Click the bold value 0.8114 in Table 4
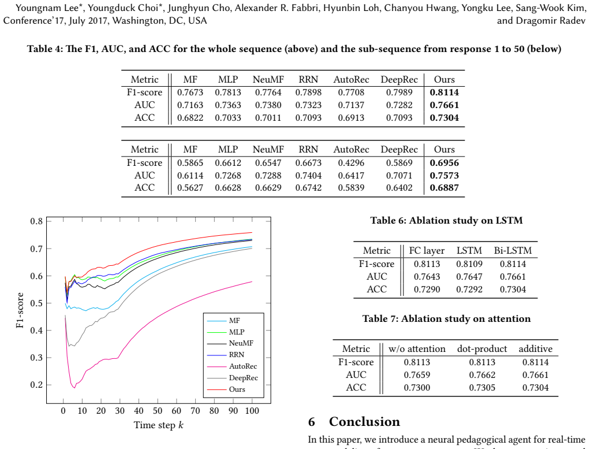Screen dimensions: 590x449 point(445,92)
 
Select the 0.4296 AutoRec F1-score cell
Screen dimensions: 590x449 point(351,163)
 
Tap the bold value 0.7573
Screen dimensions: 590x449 point(445,175)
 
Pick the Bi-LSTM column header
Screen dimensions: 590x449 point(513,250)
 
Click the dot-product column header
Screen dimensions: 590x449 point(482,349)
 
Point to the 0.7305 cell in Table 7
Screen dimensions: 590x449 point(482,388)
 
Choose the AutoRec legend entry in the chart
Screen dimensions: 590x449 point(243,366)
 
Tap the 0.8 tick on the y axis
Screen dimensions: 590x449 point(36,221)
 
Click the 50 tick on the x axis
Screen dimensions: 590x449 point(158,411)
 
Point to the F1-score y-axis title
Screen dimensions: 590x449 point(20,310)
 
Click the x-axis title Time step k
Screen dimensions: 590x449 point(158,425)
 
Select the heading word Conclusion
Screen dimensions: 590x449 point(364,421)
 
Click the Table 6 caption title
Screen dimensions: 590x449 point(446,220)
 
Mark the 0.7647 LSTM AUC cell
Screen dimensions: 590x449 point(469,277)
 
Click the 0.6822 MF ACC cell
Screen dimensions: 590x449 point(190,117)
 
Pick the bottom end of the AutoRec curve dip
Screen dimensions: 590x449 point(74,388)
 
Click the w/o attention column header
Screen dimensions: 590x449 point(417,349)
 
